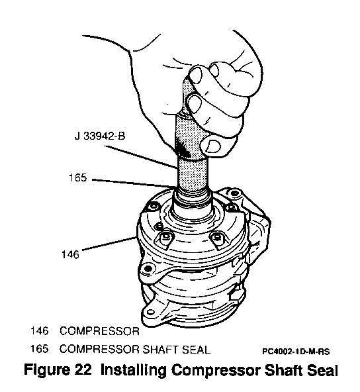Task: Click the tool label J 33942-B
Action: pos(100,136)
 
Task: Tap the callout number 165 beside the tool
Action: pos(77,177)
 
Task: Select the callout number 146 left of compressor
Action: pos(70,254)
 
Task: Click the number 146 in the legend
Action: pos(39,331)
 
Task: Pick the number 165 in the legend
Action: pos(39,349)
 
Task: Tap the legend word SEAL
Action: pos(196,349)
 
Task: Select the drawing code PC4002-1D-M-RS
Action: pos(296,352)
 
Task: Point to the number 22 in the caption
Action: pos(83,369)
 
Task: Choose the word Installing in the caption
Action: pos(133,370)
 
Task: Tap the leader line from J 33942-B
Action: pos(141,157)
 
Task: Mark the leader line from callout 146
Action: pos(109,243)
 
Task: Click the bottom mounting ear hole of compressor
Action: pos(151,313)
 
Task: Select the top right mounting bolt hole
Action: pos(234,193)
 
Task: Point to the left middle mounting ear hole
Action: pos(148,269)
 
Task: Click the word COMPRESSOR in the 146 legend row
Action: pos(99,331)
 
